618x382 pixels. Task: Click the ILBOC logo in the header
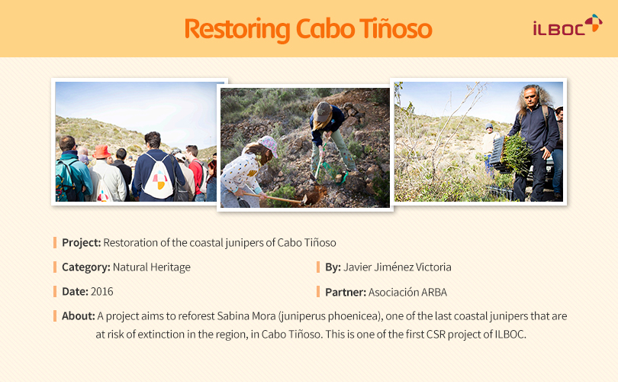(x=568, y=25)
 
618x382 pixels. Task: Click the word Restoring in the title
(x=237, y=30)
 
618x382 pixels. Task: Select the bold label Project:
(x=82, y=243)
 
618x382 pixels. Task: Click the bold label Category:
(x=86, y=267)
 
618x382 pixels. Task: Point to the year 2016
(x=101, y=292)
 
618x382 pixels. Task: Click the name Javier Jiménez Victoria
(x=398, y=267)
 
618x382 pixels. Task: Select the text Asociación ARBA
(x=407, y=293)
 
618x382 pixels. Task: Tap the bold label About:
(x=79, y=316)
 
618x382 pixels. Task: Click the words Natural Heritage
(x=152, y=267)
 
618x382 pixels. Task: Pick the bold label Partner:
(x=346, y=293)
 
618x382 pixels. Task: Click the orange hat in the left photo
(x=101, y=151)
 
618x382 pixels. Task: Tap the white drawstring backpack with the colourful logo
(x=159, y=177)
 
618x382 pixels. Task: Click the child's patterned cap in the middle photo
(x=268, y=145)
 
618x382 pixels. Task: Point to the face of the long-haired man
(x=531, y=97)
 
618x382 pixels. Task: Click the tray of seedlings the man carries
(x=508, y=154)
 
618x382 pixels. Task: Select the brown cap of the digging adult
(x=323, y=112)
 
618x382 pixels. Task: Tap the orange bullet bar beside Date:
(x=55, y=292)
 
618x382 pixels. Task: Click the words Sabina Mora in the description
(x=246, y=316)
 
